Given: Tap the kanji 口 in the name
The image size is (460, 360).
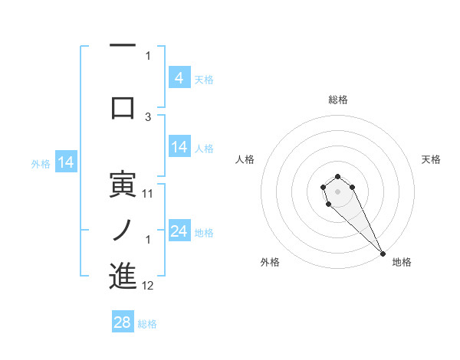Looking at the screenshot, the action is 123,107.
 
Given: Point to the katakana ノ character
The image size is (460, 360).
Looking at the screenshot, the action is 123,227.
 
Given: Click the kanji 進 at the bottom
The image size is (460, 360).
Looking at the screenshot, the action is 123,276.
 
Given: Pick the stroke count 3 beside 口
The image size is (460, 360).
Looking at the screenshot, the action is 148,117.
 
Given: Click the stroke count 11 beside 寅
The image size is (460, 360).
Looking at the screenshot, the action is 148,194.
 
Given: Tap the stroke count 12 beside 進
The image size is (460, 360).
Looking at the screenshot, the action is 148,286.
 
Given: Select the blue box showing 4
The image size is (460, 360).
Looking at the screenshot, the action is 179,77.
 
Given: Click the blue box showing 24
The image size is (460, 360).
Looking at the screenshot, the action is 179,231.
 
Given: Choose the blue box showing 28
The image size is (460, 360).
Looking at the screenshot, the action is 122,322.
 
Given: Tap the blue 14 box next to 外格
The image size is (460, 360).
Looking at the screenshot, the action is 65,162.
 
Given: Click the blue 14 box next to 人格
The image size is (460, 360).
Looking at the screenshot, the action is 179,147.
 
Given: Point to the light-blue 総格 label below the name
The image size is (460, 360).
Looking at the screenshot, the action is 147,324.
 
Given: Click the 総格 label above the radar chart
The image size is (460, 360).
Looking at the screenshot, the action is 337,100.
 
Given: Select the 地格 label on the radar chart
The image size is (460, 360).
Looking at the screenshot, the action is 402,262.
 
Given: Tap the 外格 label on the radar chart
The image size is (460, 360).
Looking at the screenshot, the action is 270,262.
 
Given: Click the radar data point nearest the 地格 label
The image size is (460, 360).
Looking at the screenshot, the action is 383,254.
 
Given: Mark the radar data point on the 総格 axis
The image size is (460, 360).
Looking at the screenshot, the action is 337,177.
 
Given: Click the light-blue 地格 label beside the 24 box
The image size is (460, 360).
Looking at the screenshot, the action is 204,232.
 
